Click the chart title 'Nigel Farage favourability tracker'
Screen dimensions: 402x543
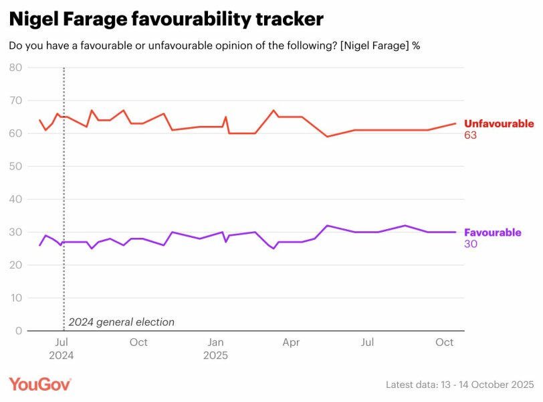point(167,19)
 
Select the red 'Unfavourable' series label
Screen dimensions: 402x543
point(499,124)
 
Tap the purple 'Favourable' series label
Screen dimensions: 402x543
point(492,232)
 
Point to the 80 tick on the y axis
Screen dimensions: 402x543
point(15,68)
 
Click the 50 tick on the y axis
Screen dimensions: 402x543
point(15,166)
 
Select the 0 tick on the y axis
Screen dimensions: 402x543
point(19,331)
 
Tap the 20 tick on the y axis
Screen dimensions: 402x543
point(15,265)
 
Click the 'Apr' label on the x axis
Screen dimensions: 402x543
point(291,342)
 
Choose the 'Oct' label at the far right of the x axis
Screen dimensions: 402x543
point(445,342)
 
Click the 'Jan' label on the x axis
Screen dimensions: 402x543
point(215,342)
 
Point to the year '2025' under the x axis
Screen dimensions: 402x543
point(215,355)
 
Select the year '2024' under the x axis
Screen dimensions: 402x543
point(62,355)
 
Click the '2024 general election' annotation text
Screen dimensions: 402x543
point(121,322)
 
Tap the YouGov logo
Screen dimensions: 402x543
point(39,384)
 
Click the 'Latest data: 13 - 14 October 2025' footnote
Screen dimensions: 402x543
point(459,385)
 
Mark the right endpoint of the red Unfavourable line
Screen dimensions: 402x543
point(455,123)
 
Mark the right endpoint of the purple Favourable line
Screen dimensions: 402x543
point(455,232)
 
